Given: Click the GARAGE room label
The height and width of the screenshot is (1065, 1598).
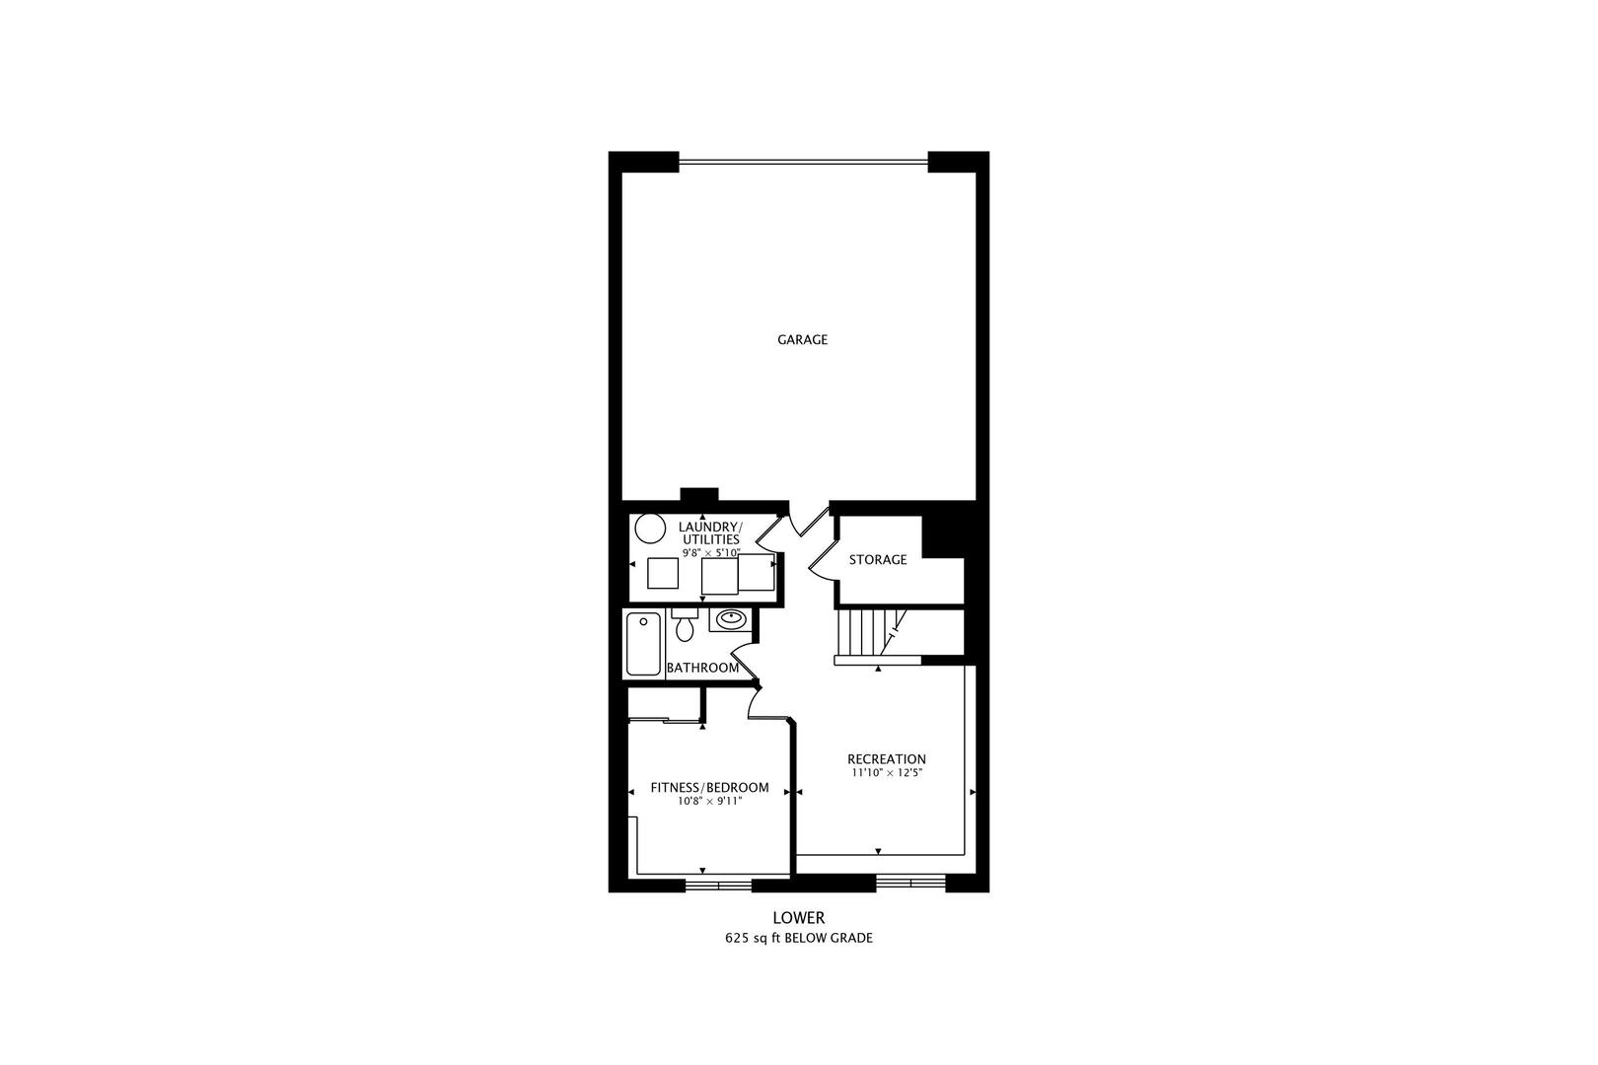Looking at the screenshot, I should pos(802,339).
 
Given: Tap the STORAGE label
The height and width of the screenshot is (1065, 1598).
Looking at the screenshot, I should pos(878,560).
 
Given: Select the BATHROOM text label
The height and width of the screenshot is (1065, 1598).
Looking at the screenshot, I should pos(702,668).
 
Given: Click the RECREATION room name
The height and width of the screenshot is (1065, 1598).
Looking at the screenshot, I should pos(887,759).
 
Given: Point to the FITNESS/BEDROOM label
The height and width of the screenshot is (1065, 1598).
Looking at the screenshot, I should pos(709,788).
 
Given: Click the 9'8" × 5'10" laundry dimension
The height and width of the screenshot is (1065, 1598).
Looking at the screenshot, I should pos(710,553).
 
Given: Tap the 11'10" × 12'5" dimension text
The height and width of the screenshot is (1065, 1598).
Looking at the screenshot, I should pos(887,773).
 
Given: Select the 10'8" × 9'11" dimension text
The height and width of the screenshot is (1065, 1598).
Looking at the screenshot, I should pos(709,802).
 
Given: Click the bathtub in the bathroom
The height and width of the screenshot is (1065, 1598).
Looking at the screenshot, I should pos(643,644).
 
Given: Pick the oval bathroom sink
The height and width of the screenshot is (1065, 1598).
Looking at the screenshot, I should pos(730,619).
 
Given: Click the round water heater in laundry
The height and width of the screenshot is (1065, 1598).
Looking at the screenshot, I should pos(650,529).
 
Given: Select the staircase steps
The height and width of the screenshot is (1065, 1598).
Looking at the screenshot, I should pos(863,632).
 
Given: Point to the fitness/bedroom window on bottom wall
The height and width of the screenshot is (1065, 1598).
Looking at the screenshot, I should pos(718,885).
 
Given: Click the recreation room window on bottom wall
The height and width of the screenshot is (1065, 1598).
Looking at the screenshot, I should pos(910,882).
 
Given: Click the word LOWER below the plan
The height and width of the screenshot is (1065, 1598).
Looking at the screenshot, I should pos(798,917).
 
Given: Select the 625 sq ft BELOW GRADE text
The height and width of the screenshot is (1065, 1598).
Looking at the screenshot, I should pos(798,939).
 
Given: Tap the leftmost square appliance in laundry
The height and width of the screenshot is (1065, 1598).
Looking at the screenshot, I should pos(662,573).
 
